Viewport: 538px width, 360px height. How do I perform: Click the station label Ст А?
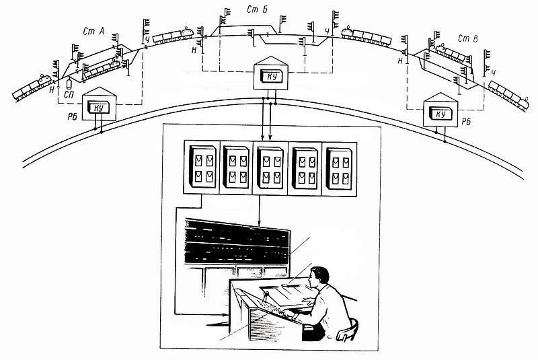point(93,32)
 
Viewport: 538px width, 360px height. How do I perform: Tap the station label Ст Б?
point(257,9)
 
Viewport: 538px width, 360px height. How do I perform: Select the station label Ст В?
point(467,39)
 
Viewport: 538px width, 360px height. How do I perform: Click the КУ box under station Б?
point(272,77)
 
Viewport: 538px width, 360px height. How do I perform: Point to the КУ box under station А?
point(98,107)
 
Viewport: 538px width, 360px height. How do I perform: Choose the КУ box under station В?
point(441,113)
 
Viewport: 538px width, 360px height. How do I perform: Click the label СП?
point(69,94)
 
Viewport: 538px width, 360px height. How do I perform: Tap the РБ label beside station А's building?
point(72,117)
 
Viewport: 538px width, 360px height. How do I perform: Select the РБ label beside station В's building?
point(466,122)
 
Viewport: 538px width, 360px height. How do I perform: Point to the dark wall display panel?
point(237,242)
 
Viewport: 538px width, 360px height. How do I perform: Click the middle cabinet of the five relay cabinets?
point(271,168)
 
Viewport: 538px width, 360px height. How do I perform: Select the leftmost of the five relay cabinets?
point(203,167)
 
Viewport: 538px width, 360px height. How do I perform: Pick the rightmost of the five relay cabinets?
point(340,169)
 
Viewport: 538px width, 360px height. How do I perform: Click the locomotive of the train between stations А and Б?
point(186,32)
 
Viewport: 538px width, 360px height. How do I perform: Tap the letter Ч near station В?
point(494,73)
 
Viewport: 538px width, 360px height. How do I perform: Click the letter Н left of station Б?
point(194,50)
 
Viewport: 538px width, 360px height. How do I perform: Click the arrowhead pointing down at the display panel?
point(259,223)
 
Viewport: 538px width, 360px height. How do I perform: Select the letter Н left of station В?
point(399,61)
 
